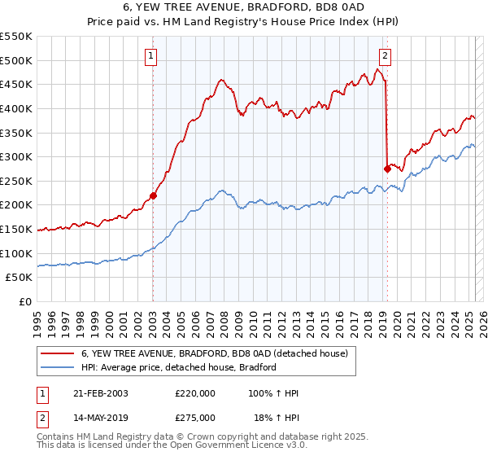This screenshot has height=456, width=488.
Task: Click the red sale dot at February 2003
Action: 153,195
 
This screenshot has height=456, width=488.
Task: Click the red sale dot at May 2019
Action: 387,169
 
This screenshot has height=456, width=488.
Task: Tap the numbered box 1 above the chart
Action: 152,56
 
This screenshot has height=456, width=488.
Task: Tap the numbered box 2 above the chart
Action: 385,56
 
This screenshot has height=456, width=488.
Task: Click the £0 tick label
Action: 24,301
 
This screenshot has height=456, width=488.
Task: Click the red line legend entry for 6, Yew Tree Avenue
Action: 215,353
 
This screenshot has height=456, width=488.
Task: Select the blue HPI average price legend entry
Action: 179,367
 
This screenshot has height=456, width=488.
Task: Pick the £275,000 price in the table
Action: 195,418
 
